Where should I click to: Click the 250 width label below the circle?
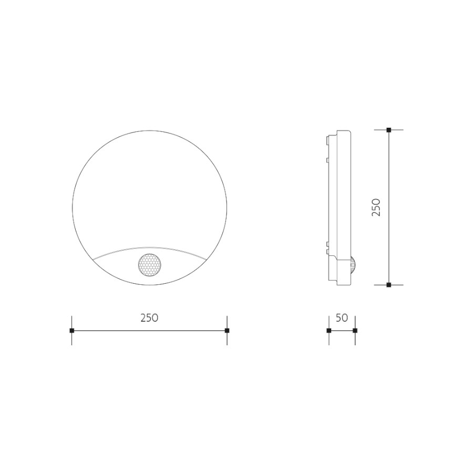tap(149, 317)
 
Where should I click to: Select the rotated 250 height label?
tap(376, 207)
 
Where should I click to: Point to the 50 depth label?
tap(342, 317)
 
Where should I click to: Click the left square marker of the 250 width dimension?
tap(72, 331)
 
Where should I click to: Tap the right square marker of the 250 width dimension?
tap(227, 331)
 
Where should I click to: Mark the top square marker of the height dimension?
tap(389, 130)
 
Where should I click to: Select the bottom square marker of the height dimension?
tap(389, 285)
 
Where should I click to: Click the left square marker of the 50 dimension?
tap(329, 331)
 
